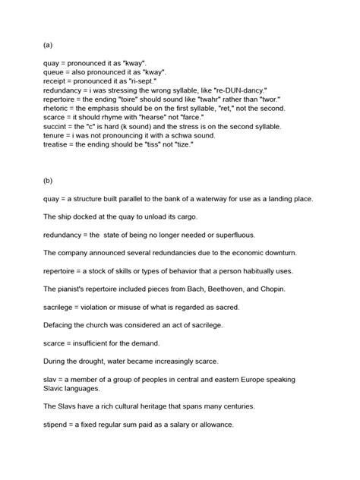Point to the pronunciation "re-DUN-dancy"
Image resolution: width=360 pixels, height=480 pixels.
point(242,91)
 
